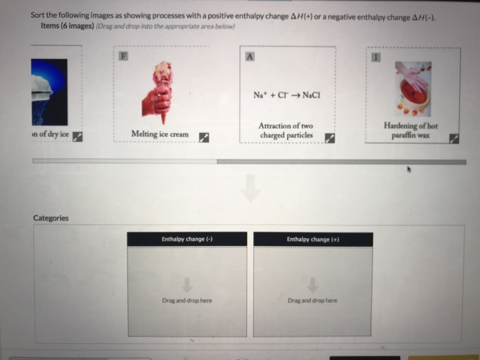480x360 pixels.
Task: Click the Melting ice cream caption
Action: [x=160, y=134]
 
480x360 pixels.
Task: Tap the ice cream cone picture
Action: [x=158, y=92]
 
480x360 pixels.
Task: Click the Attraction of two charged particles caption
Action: [x=286, y=130]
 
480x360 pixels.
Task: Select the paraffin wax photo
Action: [x=413, y=88]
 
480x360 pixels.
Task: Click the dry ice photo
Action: [x=49, y=91]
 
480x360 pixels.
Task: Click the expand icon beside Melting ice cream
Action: [x=204, y=137]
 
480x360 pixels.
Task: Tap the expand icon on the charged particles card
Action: [x=330, y=137]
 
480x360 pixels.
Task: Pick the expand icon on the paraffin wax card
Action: [x=454, y=139]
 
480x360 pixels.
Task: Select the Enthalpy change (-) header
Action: [x=187, y=239]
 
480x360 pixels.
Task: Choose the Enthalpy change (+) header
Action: [x=313, y=239]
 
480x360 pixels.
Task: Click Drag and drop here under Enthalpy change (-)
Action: [x=187, y=300]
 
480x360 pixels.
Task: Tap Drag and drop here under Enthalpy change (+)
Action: [x=313, y=300]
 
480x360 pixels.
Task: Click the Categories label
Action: [x=51, y=218]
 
